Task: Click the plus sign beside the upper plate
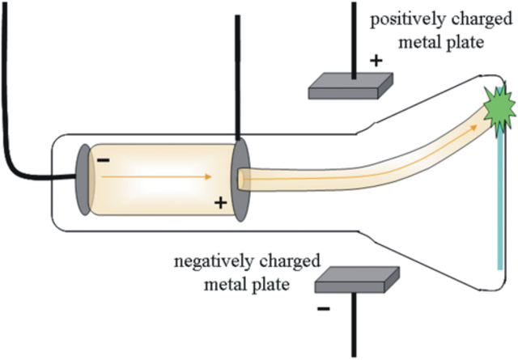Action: coord(375,60)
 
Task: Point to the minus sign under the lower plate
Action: coord(324,308)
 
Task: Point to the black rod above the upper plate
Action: coord(354,32)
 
